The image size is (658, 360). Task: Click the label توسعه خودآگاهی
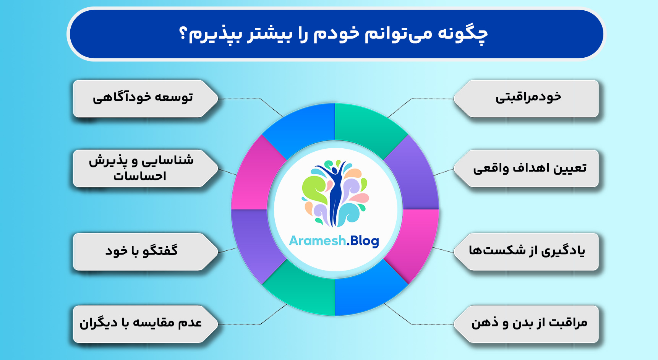coord(143,98)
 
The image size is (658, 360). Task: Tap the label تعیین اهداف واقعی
coord(530,168)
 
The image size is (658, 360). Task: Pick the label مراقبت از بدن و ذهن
coord(529,323)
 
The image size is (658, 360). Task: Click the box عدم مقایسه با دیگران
coord(141,323)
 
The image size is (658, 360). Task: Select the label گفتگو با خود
coord(141,251)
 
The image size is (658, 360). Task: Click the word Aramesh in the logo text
coord(317,241)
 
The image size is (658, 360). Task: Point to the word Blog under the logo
coord(364,241)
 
